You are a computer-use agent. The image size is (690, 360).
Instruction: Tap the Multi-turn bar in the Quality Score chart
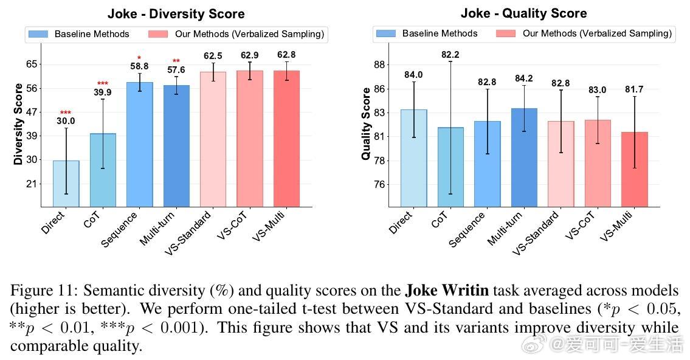(x=524, y=157)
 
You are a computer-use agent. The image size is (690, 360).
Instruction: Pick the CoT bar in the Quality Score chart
(x=450, y=167)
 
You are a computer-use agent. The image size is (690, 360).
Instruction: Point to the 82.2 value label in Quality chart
(x=450, y=55)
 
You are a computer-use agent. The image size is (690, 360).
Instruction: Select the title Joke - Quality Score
(x=523, y=13)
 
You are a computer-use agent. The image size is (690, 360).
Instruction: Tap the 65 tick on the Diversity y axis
(x=32, y=64)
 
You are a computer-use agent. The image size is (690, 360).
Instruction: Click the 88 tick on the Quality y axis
(x=379, y=64)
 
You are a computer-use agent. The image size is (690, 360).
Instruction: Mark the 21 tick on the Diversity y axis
(x=32, y=184)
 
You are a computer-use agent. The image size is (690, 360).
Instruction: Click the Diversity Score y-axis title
(x=18, y=124)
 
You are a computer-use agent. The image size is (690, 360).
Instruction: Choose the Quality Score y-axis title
(x=366, y=124)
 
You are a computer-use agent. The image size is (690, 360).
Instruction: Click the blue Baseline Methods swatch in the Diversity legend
(x=38, y=34)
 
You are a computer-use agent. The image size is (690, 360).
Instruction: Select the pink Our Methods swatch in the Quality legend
(x=506, y=33)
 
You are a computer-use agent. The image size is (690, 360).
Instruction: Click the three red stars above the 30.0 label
(x=66, y=112)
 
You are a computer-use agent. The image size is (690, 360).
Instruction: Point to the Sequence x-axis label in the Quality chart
(x=467, y=230)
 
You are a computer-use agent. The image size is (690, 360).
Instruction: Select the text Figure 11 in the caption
(x=40, y=290)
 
